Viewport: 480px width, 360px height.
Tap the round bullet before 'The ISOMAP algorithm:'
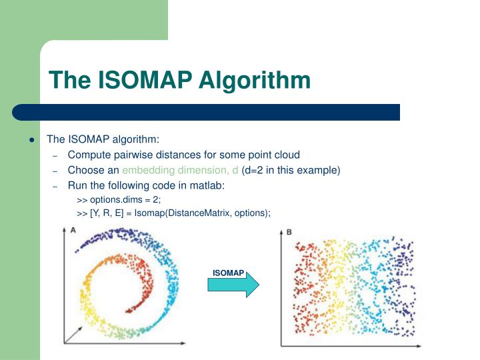pos(31,140)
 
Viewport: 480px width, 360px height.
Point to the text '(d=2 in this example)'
pos(291,170)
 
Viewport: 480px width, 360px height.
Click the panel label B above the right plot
pos(289,232)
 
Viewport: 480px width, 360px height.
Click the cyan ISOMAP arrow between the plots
pos(233,285)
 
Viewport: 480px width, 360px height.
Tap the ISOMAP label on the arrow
pos(228,273)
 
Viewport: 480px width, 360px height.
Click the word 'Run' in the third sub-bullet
pos(77,185)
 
